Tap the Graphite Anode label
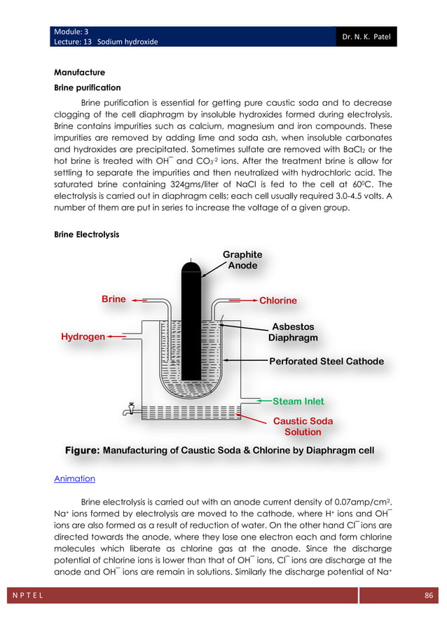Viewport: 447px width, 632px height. point(242,260)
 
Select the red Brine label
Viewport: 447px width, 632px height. point(114,299)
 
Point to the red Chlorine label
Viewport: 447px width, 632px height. point(278,301)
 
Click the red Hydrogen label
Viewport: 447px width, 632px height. point(83,337)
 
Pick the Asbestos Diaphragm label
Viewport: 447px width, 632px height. point(293,332)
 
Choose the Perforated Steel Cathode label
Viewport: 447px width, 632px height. point(326,362)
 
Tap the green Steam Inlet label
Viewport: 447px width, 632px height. point(298,401)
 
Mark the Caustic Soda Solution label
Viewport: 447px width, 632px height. point(303,427)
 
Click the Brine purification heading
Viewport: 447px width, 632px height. point(88,88)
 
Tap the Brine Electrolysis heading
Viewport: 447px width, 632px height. point(86,235)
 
